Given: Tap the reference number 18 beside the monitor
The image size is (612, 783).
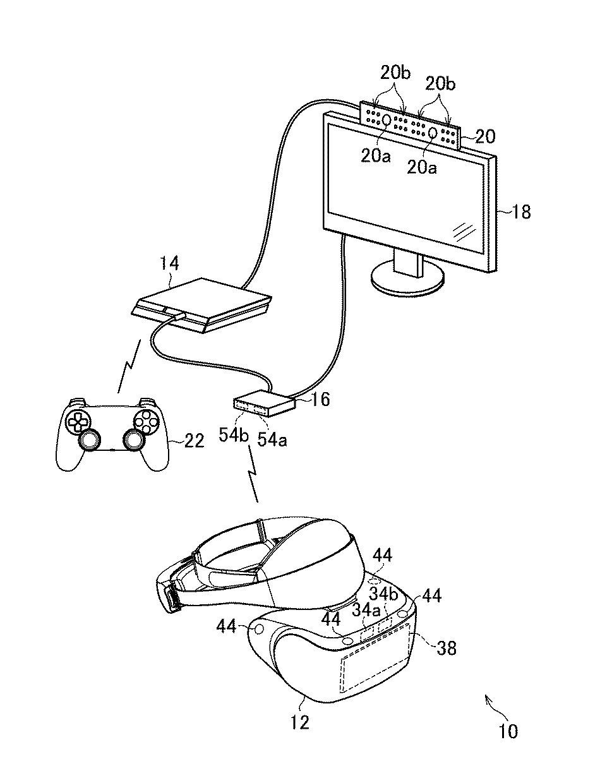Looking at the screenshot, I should pyautogui.click(x=521, y=212).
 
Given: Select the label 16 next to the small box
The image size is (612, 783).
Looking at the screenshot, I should pyautogui.click(x=321, y=400).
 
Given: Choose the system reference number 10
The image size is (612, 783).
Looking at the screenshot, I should pyautogui.click(x=508, y=731).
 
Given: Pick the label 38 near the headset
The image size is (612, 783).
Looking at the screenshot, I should pyautogui.click(x=447, y=648).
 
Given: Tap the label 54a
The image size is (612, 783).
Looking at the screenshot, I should pyautogui.click(x=273, y=439).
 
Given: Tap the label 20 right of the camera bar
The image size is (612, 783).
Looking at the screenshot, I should pyautogui.click(x=486, y=135).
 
